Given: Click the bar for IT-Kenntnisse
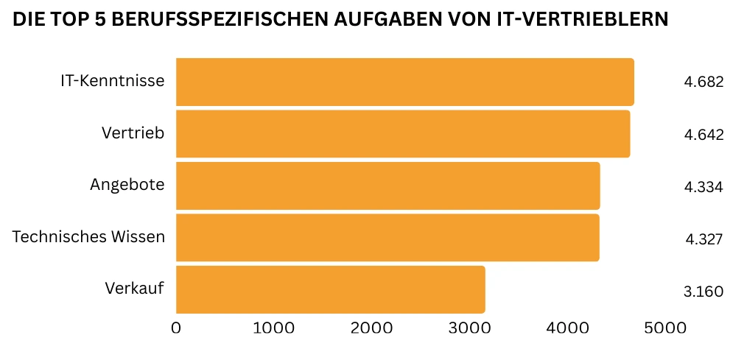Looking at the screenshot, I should (404, 82).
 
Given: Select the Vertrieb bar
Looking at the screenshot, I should (403, 134).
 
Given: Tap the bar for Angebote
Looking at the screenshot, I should (387, 186).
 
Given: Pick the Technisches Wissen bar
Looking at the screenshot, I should (387, 238).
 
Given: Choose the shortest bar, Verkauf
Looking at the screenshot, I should (330, 289).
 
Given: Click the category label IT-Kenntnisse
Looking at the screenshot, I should (112, 81).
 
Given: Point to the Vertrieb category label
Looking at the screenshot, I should (133, 133).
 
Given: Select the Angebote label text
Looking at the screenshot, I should (127, 185).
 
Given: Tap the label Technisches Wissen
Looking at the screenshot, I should (88, 237).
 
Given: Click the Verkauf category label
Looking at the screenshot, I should (134, 288).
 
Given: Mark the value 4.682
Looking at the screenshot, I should (704, 82).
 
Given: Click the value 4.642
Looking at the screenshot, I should (704, 135).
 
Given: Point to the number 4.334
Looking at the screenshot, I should (704, 187).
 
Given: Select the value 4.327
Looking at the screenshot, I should (704, 239).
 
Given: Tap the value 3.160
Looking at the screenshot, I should (704, 292).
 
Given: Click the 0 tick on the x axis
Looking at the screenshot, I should (176, 328).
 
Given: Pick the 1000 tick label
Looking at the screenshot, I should (273, 328).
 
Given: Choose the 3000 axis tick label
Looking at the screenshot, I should (469, 328).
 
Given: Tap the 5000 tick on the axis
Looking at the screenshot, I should (664, 328).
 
